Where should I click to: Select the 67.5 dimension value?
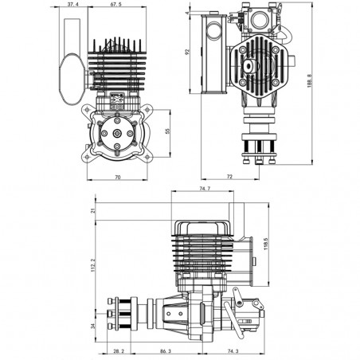115,4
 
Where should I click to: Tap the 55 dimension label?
167,131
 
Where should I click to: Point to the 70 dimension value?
118,177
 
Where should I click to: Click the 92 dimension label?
187,52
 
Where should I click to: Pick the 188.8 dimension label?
309,80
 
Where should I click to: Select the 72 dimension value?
229,176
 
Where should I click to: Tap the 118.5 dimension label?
266,244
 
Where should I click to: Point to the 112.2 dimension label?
93,265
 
